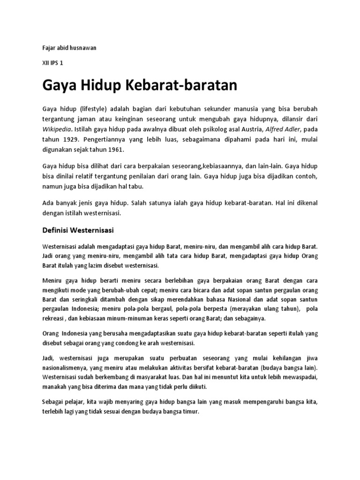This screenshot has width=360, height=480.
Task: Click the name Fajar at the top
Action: pyautogui.click(x=50, y=48)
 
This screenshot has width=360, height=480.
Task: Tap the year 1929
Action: pyautogui.click(x=70, y=139)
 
